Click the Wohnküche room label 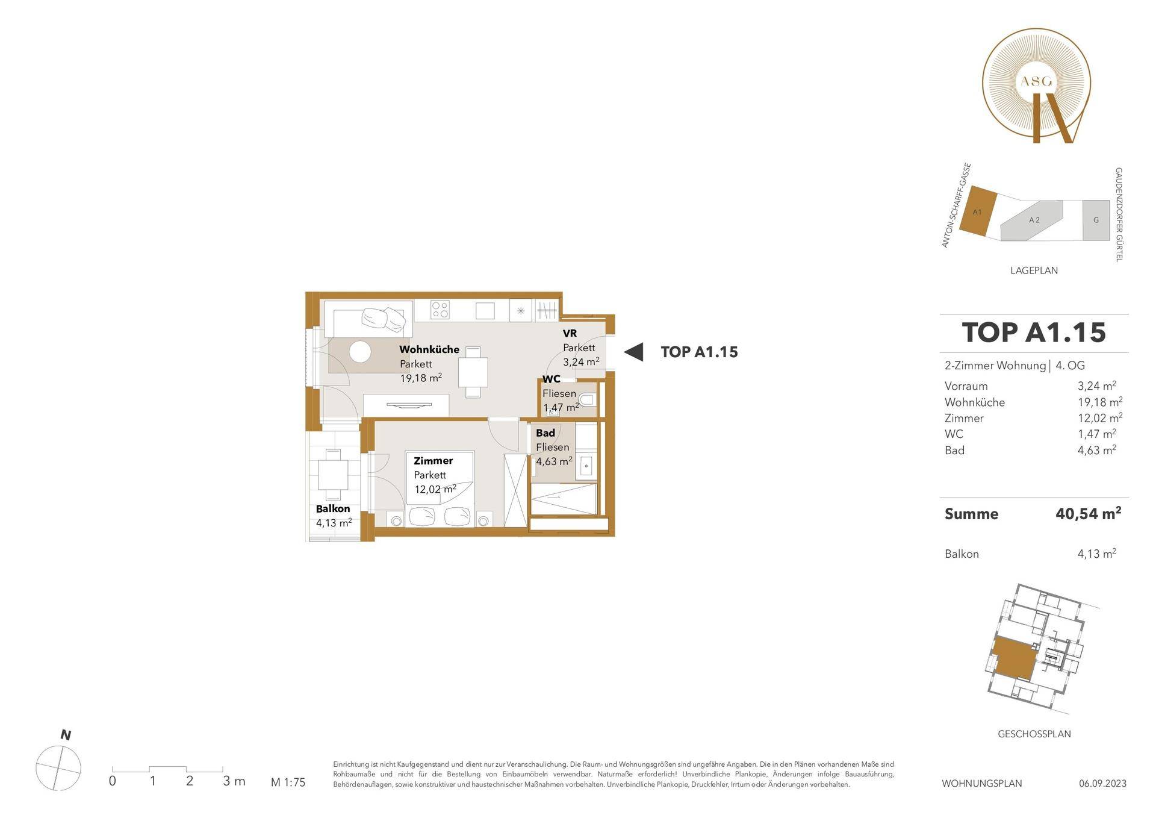429,349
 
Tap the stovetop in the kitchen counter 440,310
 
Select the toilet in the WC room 586,400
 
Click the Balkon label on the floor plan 333,509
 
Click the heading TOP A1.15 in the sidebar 1034,333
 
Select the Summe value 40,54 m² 1088,513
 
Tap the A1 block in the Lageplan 977,211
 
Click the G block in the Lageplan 1096,220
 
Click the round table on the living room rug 360,352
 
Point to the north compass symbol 58,768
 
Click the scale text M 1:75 288,782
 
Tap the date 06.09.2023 1102,783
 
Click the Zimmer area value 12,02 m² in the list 1096,417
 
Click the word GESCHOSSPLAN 1034,734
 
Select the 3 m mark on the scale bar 234,781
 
